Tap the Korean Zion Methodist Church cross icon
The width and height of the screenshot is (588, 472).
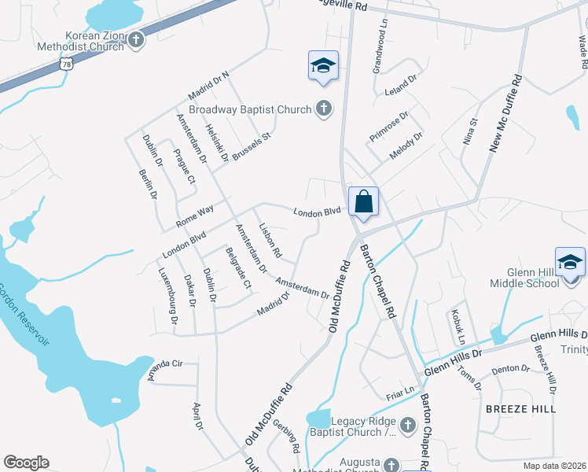pos(136,40)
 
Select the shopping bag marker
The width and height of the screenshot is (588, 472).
pos(365,201)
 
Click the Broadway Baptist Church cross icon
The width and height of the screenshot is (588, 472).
pos(324,109)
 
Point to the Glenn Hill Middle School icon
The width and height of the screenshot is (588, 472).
pos(570,262)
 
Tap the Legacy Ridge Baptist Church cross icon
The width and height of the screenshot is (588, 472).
pos(407,426)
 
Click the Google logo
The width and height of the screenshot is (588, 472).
pos(26,463)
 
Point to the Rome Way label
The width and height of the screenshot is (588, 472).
pos(195,214)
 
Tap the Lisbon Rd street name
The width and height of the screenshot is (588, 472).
pos(270,240)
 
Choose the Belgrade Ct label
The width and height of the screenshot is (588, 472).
pos(237,268)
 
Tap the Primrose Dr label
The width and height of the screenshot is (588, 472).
pos(389,127)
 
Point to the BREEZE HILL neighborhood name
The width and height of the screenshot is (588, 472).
pos(520,409)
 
